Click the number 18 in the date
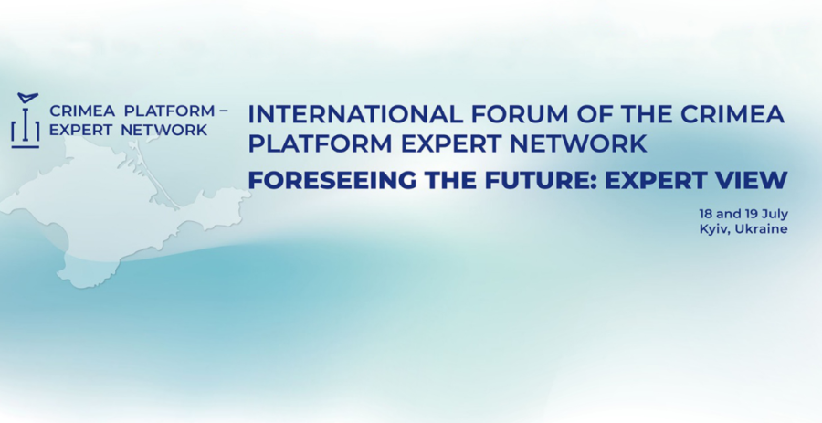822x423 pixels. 705,214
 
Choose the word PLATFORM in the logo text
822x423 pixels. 169,111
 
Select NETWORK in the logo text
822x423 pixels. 164,130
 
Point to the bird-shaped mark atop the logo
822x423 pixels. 26,98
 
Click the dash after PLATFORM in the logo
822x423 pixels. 223,111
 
